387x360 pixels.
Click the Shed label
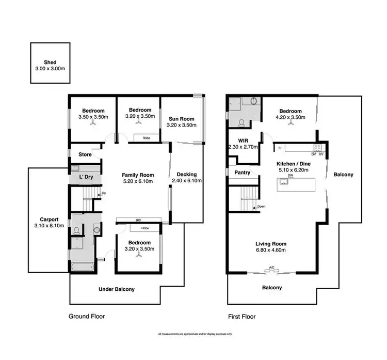click(50, 61)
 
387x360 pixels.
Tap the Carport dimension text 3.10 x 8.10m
click(46, 226)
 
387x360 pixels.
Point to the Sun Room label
click(181, 118)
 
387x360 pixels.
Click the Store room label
click(85, 154)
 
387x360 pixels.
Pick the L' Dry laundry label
click(85, 177)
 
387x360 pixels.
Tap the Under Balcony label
click(117, 289)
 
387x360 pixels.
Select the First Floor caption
click(242, 317)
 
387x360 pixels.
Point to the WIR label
click(244, 140)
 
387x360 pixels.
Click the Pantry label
click(242, 173)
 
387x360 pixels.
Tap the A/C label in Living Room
click(271, 268)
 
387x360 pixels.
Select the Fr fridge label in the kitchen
click(280, 149)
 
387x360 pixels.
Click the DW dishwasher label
click(291, 176)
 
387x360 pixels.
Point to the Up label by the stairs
click(104, 194)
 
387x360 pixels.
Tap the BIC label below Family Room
click(138, 220)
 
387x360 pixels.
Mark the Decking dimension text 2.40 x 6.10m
click(186, 181)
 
